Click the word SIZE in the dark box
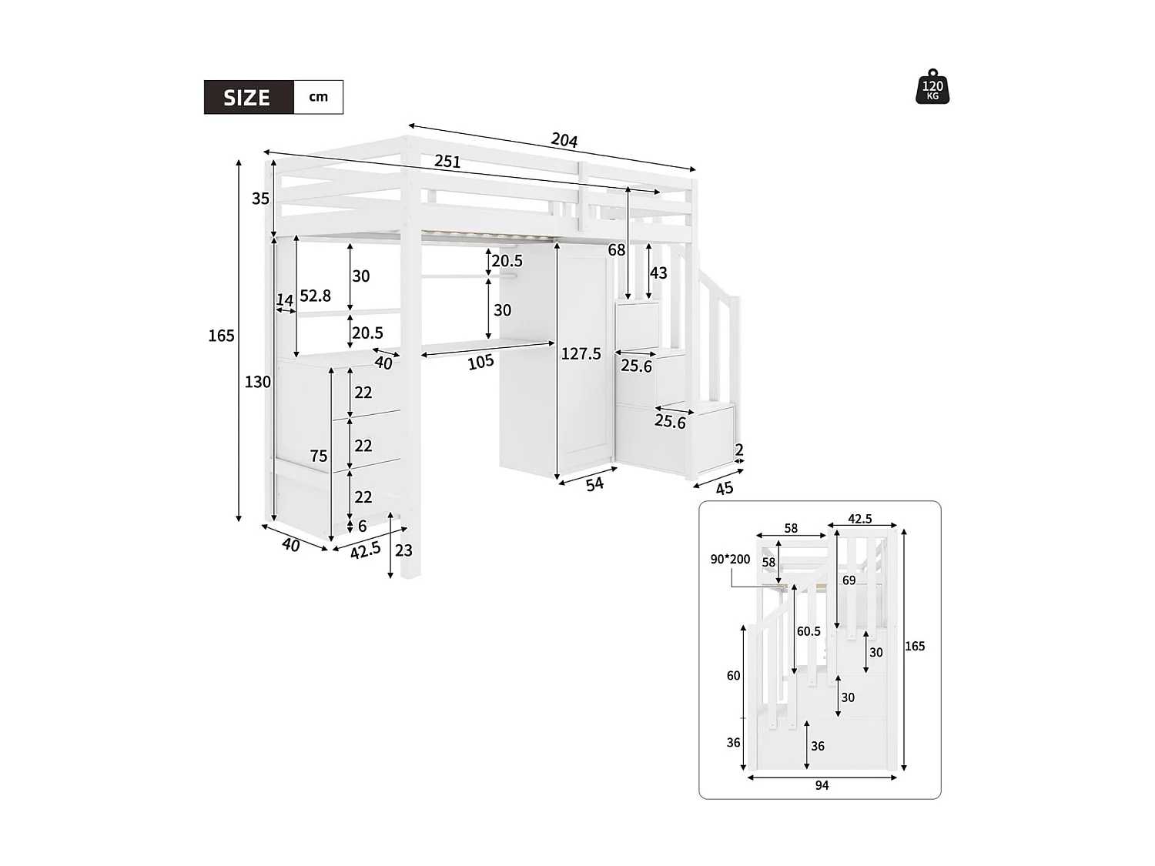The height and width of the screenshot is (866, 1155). (x=247, y=98)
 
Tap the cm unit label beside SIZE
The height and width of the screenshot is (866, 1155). (x=318, y=97)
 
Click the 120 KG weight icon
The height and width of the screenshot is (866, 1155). (x=932, y=86)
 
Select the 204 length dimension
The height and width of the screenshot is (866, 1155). (x=564, y=140)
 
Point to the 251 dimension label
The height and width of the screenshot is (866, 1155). (x=447, y=162)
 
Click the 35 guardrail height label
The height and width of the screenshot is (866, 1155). (x=260, y=199)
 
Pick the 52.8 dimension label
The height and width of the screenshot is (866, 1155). (x=315, y=296)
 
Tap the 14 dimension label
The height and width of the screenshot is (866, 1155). (x=285, y=299)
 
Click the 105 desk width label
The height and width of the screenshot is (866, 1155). (x=480, y=362)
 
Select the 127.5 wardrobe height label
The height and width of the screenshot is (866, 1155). (x=581, y=354)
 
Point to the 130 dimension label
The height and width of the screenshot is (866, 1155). (x=258, y=382)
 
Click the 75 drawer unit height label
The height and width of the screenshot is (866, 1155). (x=318, y=456)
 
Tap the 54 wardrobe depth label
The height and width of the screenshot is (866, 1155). (x=594, y=484)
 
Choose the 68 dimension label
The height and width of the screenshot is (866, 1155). (x=616, y=250)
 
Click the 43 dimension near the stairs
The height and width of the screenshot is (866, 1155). (x=658, y=273)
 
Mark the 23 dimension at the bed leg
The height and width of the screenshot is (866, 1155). (x=403, y=550)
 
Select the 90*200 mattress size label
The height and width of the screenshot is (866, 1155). (x=730, y=560)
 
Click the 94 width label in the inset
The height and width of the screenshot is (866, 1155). (x=822, y=785)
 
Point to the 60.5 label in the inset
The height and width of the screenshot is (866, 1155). (x=808, y=631)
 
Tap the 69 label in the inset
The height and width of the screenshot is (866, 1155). (x=849, y=580)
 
